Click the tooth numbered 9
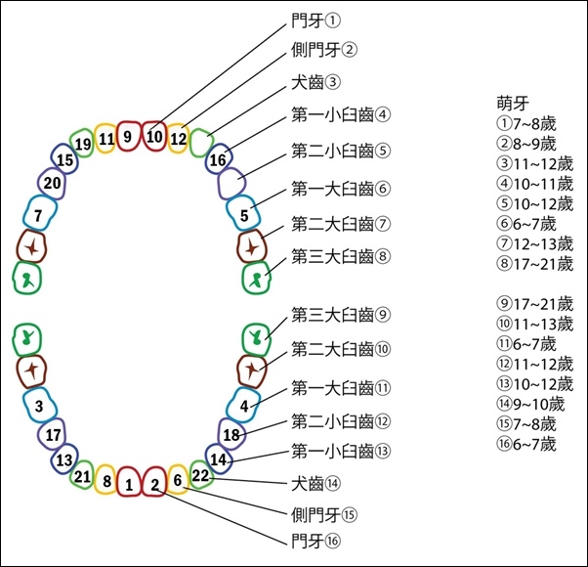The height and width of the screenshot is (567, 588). [128, 136]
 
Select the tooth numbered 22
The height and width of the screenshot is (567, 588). [201, 475]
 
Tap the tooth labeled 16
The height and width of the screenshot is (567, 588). [218, 158]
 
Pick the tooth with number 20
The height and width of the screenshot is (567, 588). [52, 183]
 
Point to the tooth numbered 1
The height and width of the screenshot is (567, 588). [129, 482]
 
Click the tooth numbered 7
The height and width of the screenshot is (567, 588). [39, 213]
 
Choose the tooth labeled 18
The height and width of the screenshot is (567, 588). [231, 434]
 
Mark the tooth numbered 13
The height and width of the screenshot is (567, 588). [64, 458]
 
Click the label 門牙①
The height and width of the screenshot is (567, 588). [315, 21]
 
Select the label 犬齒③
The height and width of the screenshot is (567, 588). [315, 82]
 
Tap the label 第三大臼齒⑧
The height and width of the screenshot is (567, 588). [341, 257]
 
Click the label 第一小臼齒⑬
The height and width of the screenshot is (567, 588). [341, 451]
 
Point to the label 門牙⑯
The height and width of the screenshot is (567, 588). [315, 541]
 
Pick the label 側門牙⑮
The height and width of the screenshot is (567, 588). [324, 515]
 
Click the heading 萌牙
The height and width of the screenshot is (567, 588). [513, 104]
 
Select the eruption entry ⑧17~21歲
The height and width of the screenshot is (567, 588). [535, 264]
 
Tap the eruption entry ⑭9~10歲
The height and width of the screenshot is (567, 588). [530, 404]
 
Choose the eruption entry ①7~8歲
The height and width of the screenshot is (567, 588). [526, 123]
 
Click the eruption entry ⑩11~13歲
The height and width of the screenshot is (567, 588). [535, 324]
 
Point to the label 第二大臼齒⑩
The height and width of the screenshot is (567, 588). [341, 350]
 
